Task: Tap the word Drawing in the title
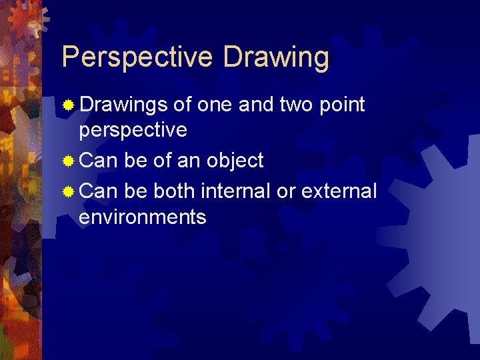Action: click(276, 58)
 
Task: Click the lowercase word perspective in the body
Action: click(133, 131)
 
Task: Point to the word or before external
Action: click(286, 191)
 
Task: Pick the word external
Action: click(339, 191)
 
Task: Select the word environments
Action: click(142, 217)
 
